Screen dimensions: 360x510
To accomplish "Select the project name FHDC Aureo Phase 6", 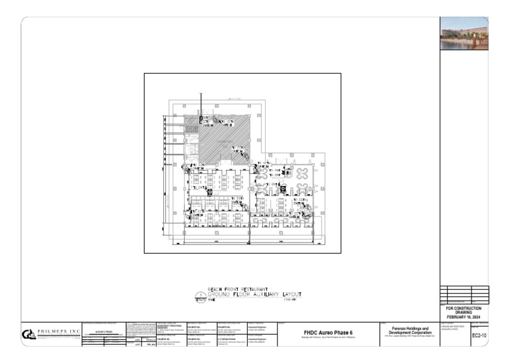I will (x=328, y=333).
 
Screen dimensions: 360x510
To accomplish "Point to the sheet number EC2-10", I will (x=479, y=336).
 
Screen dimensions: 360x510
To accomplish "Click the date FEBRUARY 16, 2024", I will (x=464, y=317).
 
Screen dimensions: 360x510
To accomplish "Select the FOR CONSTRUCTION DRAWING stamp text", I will (x=464, y=310).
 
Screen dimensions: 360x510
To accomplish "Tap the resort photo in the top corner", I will (x=464, y=33).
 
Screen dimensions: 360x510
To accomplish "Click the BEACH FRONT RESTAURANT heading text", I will (x=238, y=290).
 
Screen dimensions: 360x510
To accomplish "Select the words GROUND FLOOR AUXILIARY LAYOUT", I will (x=255, y=294).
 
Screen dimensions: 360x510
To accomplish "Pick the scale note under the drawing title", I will (x=288, y=300).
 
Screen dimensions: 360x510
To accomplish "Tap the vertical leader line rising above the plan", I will (x=201, y=103).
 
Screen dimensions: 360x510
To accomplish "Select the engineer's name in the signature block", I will (x=100, y=330).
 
